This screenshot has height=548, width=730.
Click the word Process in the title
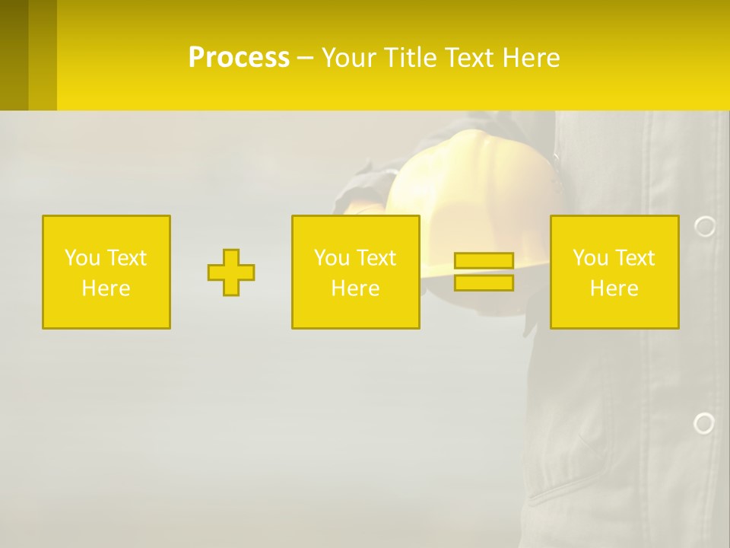(239, 58)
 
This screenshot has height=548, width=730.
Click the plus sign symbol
(231, 272)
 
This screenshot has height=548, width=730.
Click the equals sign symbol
(484, 272)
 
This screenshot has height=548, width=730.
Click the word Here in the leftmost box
(106, 288)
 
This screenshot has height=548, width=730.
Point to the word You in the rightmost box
(590, 258)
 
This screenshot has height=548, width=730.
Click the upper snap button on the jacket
(705, 226)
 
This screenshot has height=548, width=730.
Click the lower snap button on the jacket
(704, 423)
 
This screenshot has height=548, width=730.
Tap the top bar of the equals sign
(484, 261)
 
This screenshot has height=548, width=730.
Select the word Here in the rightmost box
(614, 288)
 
